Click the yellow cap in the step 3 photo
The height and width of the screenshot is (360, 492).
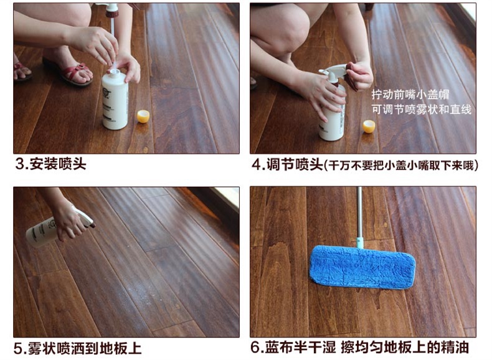pyautogui.click(x=143, y=116)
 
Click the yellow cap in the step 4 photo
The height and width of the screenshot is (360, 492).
pyautogui.click(x=369, y=126)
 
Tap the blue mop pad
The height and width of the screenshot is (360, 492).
pyautogui.click(x=362, y=267)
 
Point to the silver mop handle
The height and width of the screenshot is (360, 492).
pyautogui.click(x=359, y=217)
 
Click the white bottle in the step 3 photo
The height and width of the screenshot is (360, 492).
pyautogui.click(x=115, y=99)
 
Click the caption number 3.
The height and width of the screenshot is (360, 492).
pyautogui.click(x=20, y=164)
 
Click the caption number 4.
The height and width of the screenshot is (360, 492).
pyautogui.click(x=257, y=164)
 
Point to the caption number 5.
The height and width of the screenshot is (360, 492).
pyautogui.click(x=19, y=348)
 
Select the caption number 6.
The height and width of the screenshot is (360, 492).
pyautogui.click(x=256, y=348)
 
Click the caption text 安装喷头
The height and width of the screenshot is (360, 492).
pyautogui.click(x=58, y=164)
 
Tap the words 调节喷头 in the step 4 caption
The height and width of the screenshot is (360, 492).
pyautogui.click(x=295, y=164)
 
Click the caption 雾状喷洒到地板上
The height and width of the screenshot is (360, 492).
pyautogui.click(x=85, y=348)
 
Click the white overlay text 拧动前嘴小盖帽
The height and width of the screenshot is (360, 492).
pyautogui.click(x=410, y=94)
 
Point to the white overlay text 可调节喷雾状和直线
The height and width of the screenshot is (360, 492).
pyautogui.click(x=422, y=109)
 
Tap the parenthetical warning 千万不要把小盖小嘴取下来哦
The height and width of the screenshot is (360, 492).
pyautogui.click(x=400, y=165)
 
